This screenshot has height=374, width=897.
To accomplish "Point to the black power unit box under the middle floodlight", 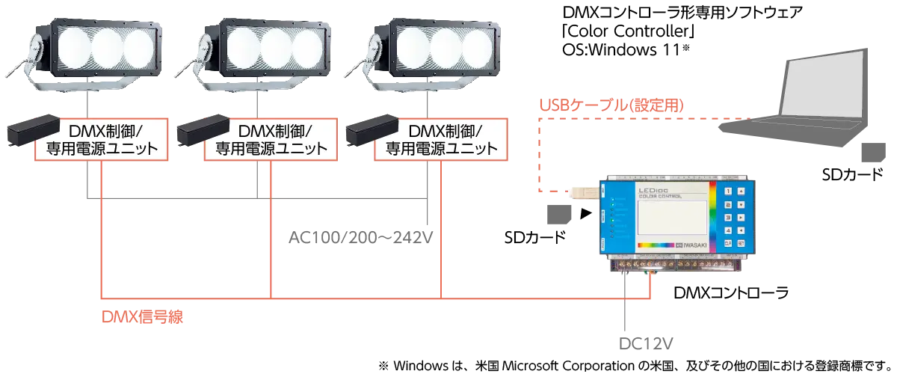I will click(x=203, y=134).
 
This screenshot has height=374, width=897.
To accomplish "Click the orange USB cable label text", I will click(x=612, y=104).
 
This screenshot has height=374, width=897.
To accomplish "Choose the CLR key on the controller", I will click(x=727, y=244).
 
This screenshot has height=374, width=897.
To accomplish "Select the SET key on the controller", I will click(x=740, y=244).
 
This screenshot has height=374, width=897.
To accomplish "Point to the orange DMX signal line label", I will click(x=143, y=317).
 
